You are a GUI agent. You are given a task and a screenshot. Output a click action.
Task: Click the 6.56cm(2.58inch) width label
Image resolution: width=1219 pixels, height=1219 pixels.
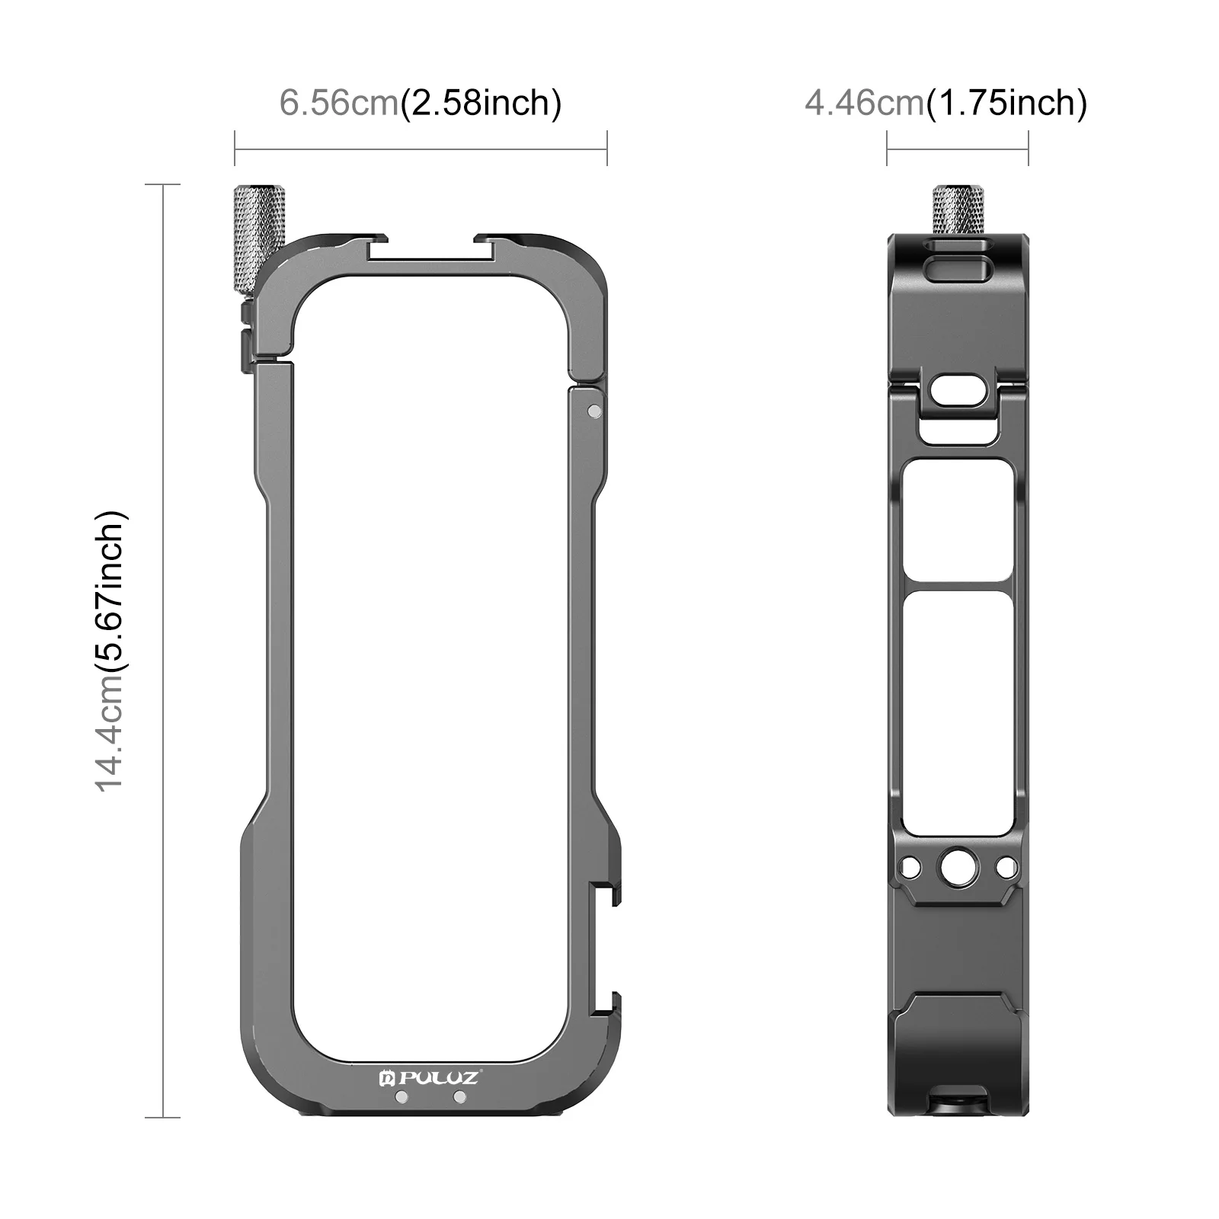click(421, 102)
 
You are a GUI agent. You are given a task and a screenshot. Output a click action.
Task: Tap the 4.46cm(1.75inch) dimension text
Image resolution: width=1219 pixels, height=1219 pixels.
click(946, 102)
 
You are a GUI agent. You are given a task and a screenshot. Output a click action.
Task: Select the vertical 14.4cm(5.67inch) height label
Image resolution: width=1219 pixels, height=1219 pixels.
click(111, 651)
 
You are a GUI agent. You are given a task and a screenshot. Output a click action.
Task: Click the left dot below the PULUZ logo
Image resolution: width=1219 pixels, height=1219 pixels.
click(402, 1097)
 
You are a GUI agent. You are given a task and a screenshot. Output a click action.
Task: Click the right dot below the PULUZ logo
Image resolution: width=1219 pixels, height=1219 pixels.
click(459, 1097)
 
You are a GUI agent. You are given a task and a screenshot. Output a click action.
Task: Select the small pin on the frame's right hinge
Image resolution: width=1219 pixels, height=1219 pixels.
click(595, 411)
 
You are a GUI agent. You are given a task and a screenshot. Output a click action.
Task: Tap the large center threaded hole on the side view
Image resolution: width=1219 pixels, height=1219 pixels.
click(957, 866)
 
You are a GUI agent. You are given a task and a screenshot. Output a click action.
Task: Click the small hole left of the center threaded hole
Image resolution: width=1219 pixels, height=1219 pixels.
click(909, 866)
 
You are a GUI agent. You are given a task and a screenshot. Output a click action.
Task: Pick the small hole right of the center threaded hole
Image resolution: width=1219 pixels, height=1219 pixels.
click(1006, 866)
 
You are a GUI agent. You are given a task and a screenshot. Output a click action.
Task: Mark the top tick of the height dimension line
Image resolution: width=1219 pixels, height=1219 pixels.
click(162, 184)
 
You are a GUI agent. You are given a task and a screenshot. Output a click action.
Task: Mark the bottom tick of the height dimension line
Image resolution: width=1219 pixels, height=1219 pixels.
click(162, 1118)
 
